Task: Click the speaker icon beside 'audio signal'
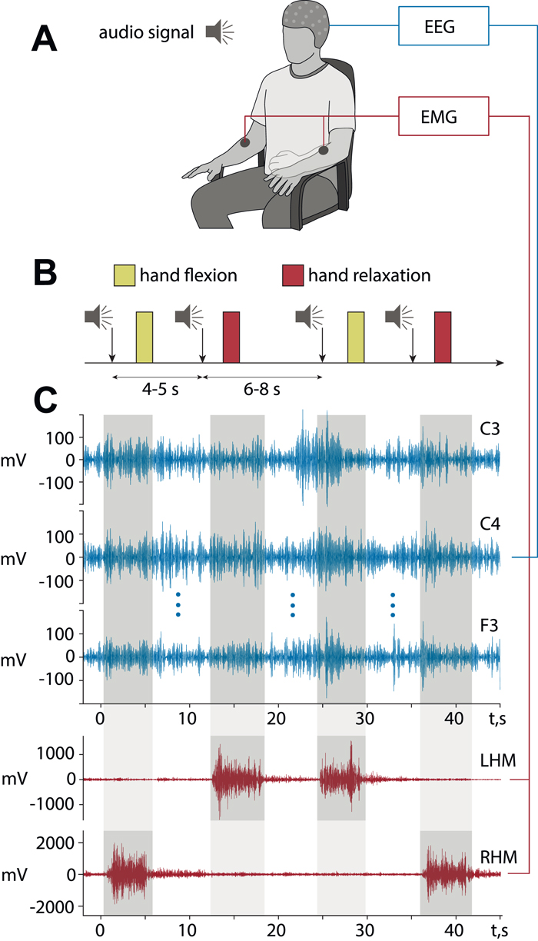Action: click(x=219, y=32)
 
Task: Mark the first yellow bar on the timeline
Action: click(x=144, y=337)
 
